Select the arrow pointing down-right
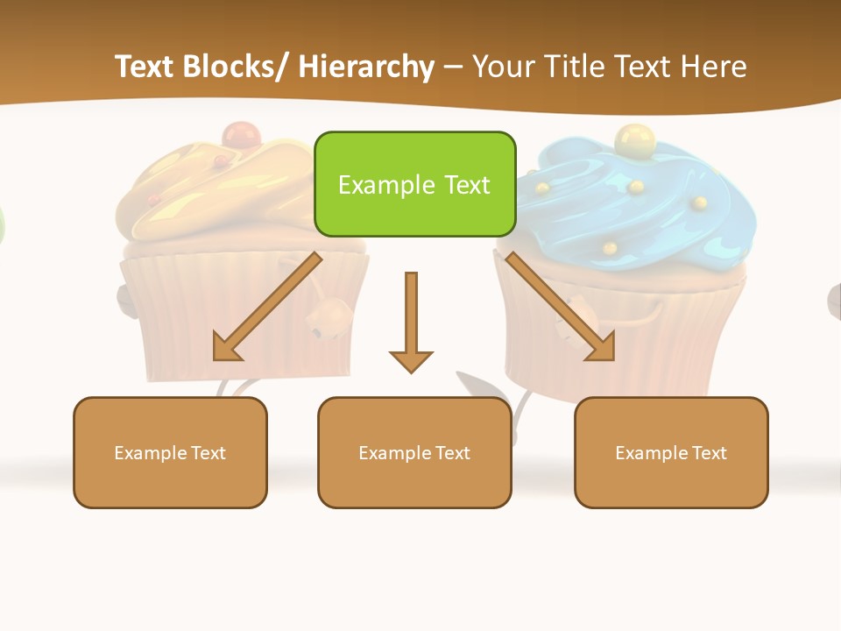tap(561, 307)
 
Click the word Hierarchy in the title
tap(366, 67)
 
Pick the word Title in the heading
tap(573, 67)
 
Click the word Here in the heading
tap(713, 67)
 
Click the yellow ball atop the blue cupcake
tap(634, 138)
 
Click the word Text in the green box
tap(465, 185)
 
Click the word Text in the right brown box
tap(709, 453)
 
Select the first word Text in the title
tap(146, 67)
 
